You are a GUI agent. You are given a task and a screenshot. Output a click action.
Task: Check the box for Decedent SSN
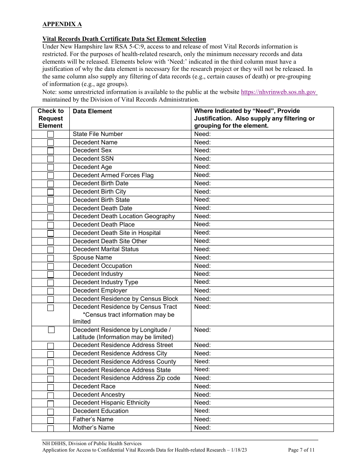click(50, 159)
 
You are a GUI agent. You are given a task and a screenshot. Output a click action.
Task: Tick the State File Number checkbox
click(50, 134)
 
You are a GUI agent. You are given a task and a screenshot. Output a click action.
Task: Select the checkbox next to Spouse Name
click(50, 258)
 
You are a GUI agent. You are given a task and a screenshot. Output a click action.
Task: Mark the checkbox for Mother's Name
click(50, 428)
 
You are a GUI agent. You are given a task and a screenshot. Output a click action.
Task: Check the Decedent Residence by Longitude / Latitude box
click(51, 330)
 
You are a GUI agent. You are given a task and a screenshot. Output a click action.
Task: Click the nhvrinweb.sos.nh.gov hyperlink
click(279, 92)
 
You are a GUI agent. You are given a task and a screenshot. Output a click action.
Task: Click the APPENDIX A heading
click(62, 24)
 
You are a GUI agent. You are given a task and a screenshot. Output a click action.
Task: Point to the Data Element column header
click(92, 111)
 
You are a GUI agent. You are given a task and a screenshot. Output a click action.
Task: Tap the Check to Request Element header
click(50, 118)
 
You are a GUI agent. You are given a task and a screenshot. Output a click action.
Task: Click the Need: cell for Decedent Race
click(202, 386)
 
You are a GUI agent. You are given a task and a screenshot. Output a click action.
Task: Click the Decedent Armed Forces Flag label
click(113, 175)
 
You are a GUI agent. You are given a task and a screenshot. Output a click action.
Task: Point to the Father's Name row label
click(93, 419)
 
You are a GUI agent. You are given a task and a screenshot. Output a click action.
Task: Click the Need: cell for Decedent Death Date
click(202, 208)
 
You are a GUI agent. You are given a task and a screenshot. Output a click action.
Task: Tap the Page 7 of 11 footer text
click(301, 450)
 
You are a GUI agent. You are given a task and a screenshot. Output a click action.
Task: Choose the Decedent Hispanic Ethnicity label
click(111, 402)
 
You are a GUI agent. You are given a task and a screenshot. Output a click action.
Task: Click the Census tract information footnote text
click(128, 315)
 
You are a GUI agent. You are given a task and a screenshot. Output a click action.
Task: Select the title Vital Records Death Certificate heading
click(124, 39)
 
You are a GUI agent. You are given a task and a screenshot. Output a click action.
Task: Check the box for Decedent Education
click(50, 412)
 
